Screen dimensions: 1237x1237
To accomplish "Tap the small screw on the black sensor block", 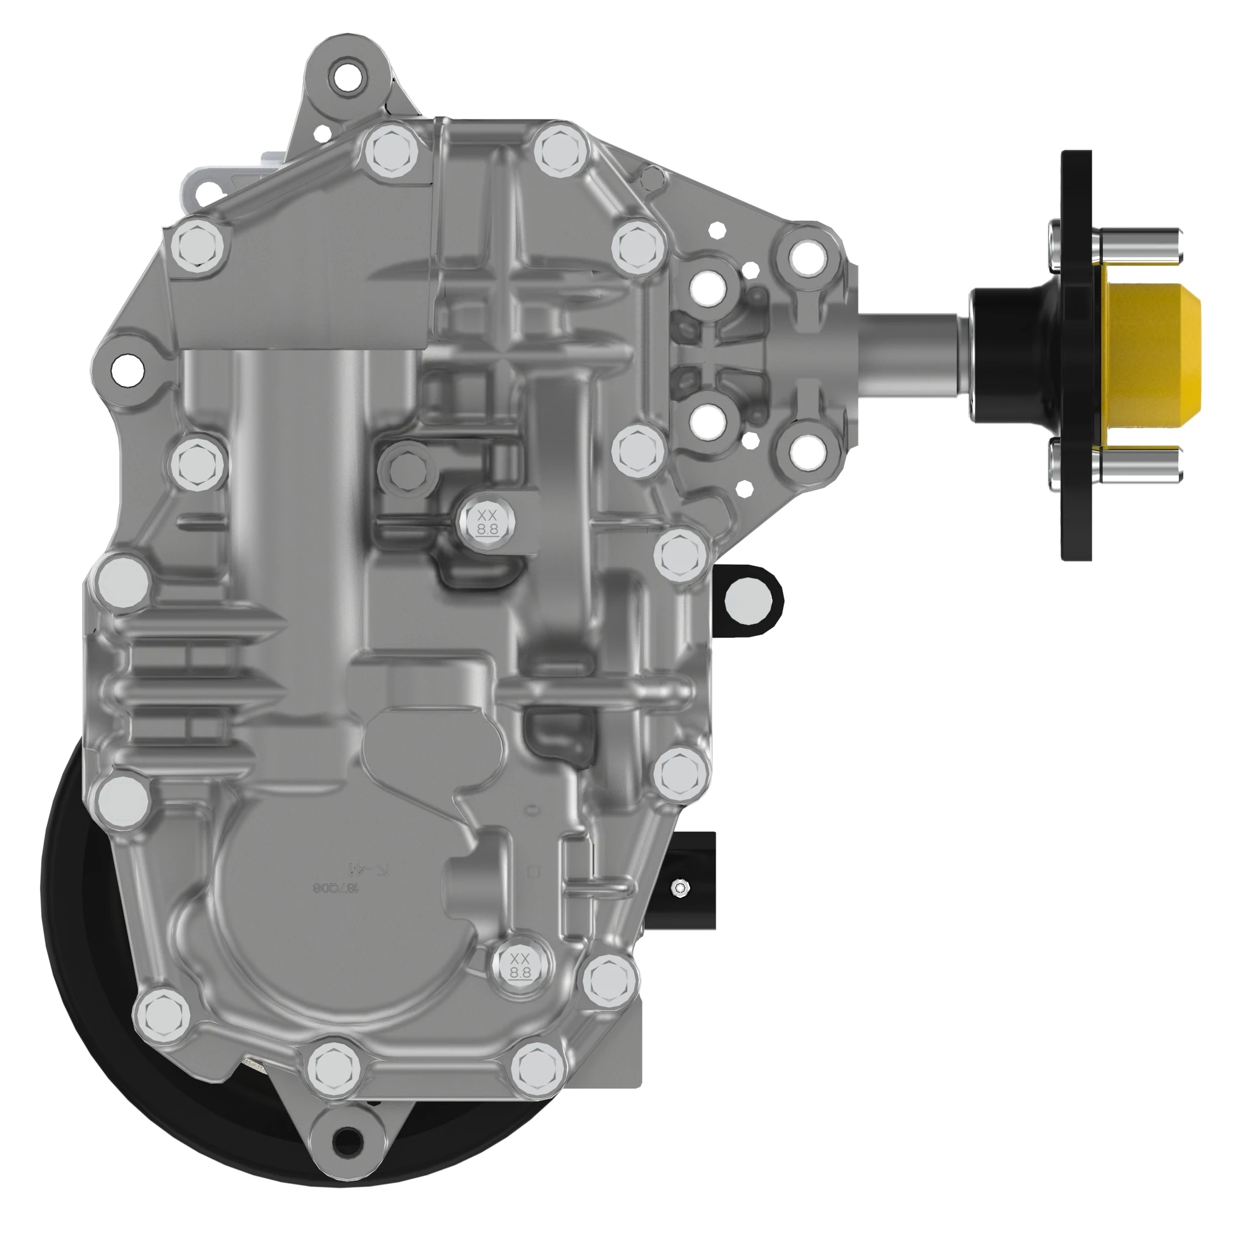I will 680,888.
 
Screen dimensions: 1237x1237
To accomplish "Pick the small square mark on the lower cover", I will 533,872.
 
